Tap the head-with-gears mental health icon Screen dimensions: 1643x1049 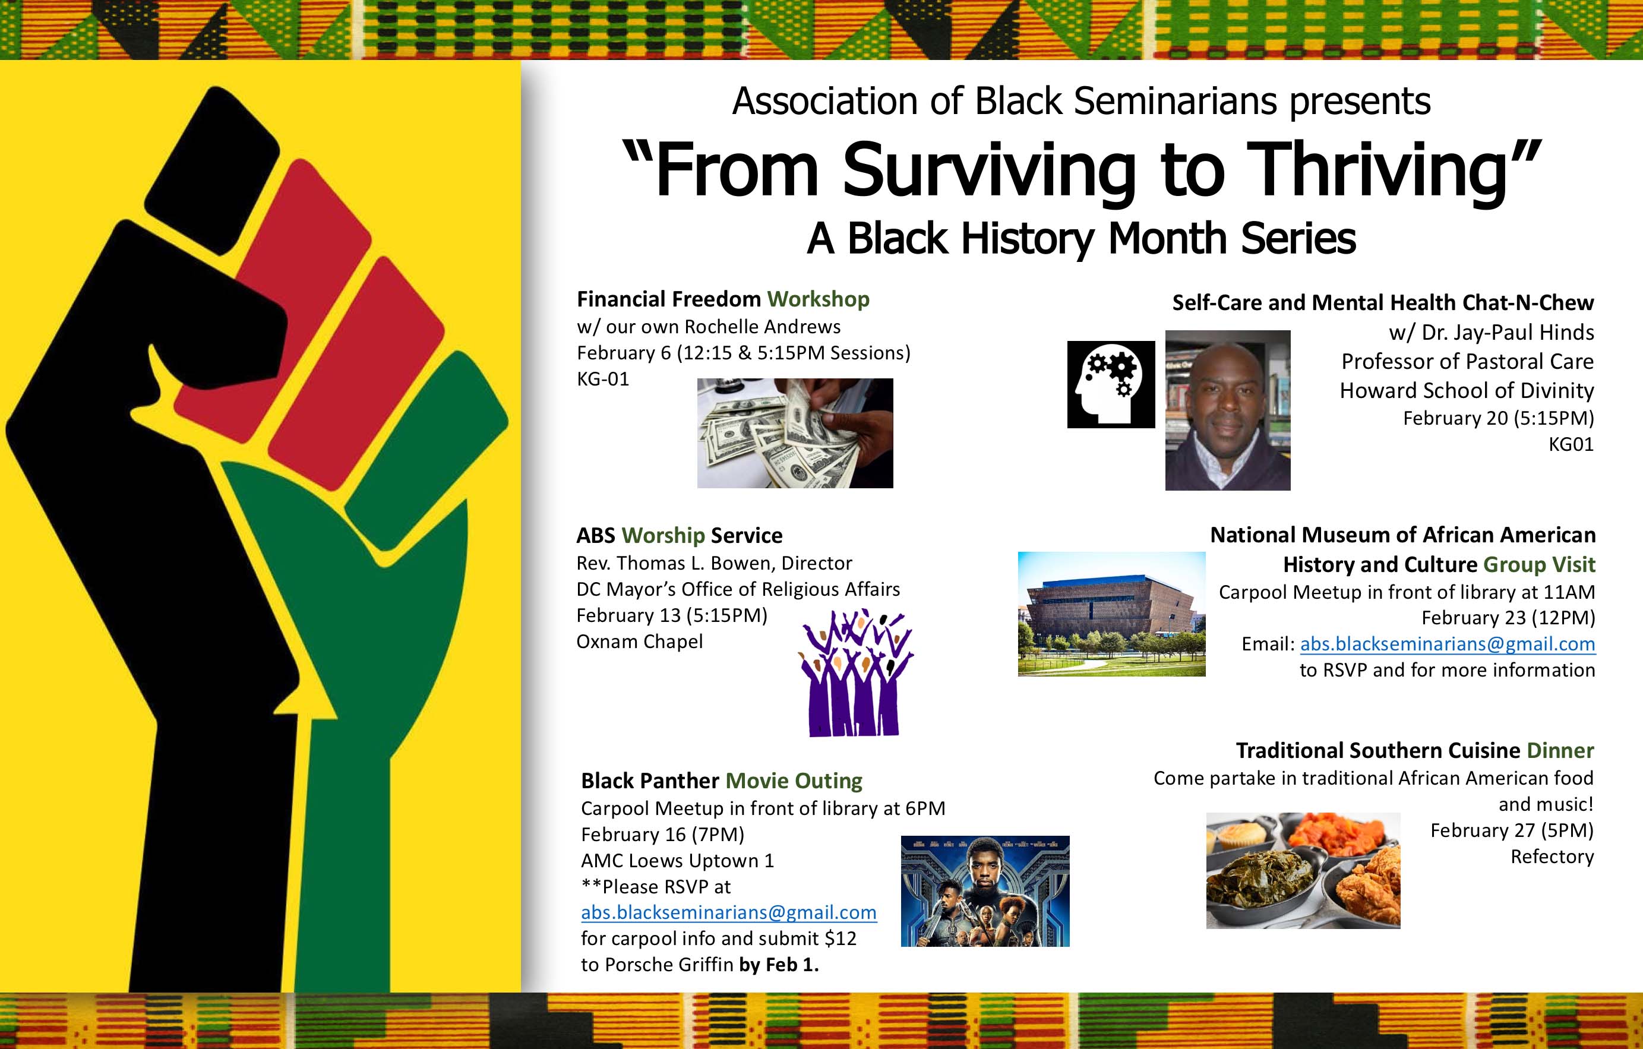1111,384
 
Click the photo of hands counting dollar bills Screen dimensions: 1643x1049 795,432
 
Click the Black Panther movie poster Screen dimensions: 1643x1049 985,890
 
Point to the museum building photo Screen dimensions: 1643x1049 1111,614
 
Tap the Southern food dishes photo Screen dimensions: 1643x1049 1303,870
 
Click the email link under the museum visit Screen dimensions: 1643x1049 1447,643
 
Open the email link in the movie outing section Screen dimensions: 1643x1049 729,912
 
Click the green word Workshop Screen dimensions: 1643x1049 818,299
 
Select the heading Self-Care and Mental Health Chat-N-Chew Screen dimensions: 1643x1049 1382,302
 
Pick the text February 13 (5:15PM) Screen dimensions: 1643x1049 672,615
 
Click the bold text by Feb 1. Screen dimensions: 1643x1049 779,965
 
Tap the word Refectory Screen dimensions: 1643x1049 1552,856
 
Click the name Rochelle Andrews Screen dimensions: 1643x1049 762,326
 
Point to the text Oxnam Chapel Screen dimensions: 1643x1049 639,642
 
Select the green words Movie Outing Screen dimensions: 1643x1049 794,781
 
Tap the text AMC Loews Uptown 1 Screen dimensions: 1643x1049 678,861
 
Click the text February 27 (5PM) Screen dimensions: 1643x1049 1512,830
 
